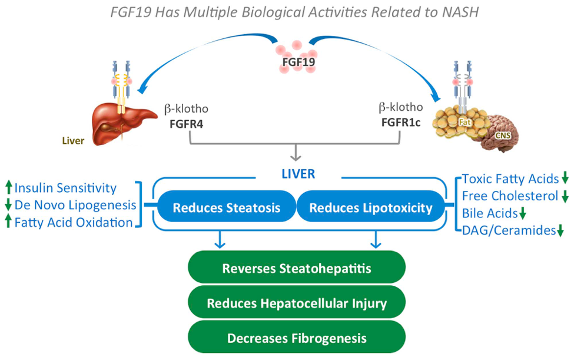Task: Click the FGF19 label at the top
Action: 298,61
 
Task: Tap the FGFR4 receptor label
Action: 187,124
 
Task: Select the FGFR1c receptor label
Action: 401,123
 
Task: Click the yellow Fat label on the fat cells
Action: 464,122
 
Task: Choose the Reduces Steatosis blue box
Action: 227,207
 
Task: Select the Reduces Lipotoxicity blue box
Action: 370,207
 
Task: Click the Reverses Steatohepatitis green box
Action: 297,268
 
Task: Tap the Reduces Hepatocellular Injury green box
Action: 297,303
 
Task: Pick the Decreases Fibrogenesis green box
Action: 297,338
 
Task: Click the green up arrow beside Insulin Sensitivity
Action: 9,187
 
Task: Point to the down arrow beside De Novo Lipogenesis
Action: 9,204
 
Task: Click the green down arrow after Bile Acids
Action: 523,213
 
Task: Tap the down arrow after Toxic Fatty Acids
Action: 565,177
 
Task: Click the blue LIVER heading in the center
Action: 298,174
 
